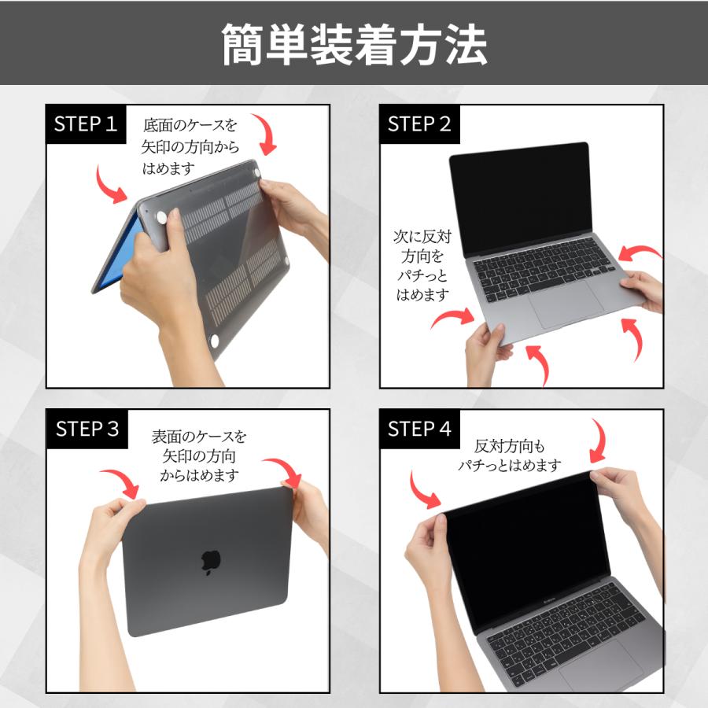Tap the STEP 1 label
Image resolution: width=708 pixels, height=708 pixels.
86,124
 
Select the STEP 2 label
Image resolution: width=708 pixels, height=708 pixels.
419,124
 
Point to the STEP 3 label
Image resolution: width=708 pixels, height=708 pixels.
87,429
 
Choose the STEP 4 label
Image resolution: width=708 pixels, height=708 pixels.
419,429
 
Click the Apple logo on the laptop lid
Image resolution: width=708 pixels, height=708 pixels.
210,559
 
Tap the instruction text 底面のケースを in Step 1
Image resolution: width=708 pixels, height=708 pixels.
190,124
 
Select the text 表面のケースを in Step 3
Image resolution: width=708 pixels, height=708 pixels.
198,436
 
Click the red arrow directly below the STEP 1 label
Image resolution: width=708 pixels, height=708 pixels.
110,185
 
